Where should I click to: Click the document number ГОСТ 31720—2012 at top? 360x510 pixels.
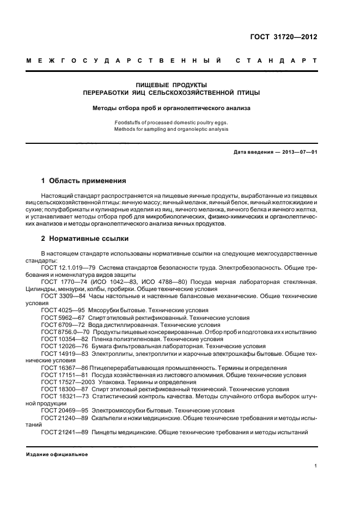pos(284,37)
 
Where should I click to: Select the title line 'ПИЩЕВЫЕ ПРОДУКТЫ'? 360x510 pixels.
pos(171,85)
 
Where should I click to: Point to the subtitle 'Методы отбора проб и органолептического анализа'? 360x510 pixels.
pos(171,108)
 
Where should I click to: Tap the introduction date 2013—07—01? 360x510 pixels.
pos(299,151)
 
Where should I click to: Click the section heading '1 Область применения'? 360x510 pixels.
pos(84,180)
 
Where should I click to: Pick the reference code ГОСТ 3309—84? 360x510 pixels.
pos(63,296)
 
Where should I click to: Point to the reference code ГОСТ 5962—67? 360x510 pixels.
pos(63,317)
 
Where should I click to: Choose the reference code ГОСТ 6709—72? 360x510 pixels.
pos(63,324)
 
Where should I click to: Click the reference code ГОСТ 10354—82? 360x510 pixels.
pos(64,338)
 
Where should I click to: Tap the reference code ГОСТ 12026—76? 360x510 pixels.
pos(64,346)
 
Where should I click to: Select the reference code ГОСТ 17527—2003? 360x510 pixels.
pos(68,382)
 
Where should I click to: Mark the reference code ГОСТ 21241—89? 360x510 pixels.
pos(64,432)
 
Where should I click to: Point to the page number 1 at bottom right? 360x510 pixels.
pos(316,466)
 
